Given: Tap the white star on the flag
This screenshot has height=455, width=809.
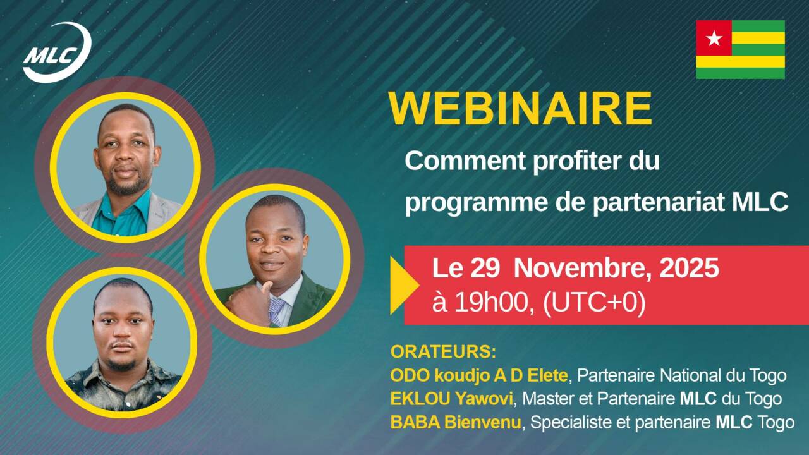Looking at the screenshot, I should pos(714,39).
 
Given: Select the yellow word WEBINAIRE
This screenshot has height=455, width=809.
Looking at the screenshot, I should pos(520,109).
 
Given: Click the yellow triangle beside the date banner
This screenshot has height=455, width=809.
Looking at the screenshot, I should pos(403,285).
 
